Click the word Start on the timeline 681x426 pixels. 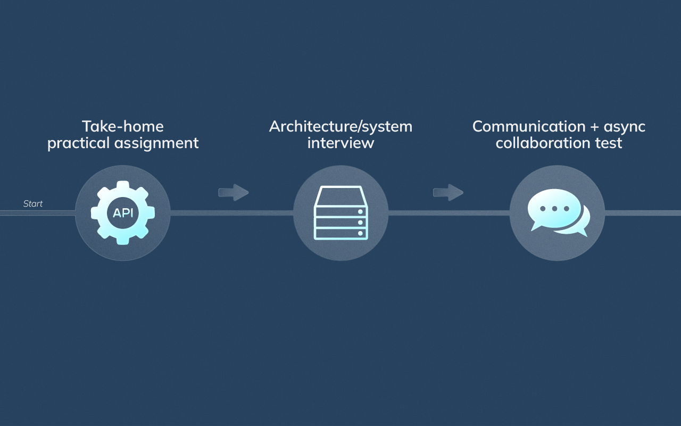[x=33, y=204]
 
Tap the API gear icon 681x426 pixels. [x=123, y=213]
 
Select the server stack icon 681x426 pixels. [x=340, y=213]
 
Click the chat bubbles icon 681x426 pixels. [x=558, y=213]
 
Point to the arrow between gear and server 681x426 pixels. [x=233, y=192]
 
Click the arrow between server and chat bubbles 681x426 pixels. [x=448, y=192]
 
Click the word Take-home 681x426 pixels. [x=123, y=127]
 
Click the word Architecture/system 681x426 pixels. [x=340, y=127]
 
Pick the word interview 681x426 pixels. [x=340, y=143]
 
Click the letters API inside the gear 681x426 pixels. [x=123, y=213]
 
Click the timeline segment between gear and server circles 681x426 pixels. [x=231, y=213]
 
